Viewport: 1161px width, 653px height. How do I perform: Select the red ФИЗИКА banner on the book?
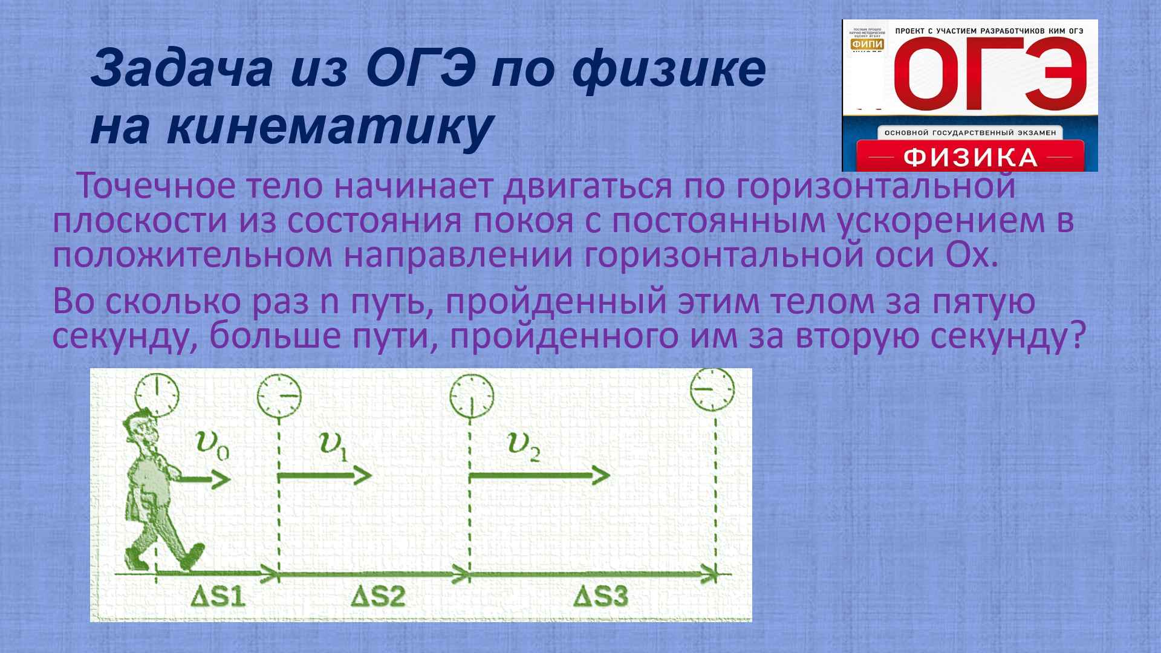click(x=970, y=158)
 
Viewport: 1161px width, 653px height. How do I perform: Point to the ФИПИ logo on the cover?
click(x=868, y=44)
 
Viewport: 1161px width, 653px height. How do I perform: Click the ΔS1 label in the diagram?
click(x=218, y=597)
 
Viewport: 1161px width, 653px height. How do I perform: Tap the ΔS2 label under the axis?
click(x=378, y=597)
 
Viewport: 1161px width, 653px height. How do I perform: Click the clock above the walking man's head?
click(x=157, y=394)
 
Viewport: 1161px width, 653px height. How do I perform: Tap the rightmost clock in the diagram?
click(x=712, y=390)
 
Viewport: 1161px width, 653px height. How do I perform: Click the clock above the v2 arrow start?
click(x=471, y=396)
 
